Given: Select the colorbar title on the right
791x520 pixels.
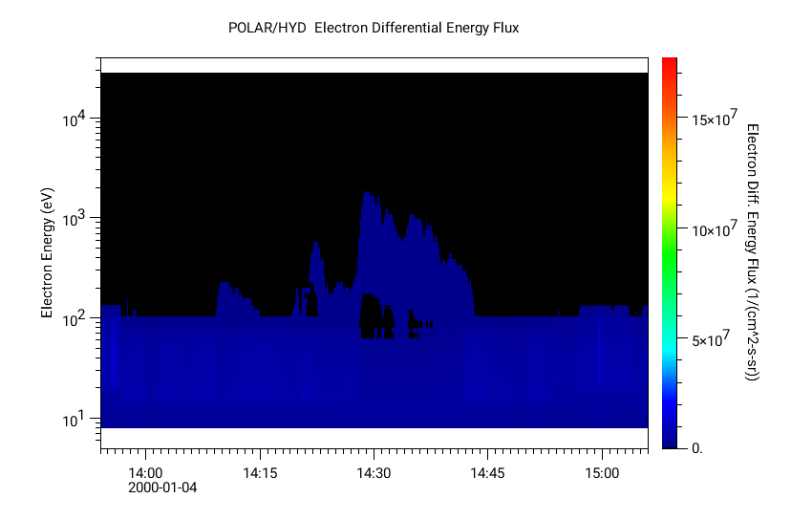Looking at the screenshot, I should coord(752,252).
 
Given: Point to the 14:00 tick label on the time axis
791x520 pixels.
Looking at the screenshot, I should coord(145,473).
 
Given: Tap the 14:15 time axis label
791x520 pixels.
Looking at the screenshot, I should coord(259,473).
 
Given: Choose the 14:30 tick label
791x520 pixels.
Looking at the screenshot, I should coord(373,473).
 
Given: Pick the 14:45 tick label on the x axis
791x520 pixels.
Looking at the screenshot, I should coord(487,473).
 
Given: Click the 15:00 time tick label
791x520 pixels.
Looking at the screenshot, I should coord(601,473).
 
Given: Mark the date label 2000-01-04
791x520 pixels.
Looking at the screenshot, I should coord(161,488).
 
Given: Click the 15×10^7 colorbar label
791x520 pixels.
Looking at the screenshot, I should coord(713,119).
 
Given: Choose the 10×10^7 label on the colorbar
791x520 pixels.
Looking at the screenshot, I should coord(713,230).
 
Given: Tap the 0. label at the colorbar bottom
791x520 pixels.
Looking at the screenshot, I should coord(696,447).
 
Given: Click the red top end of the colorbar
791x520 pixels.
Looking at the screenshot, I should coord(669,61).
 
